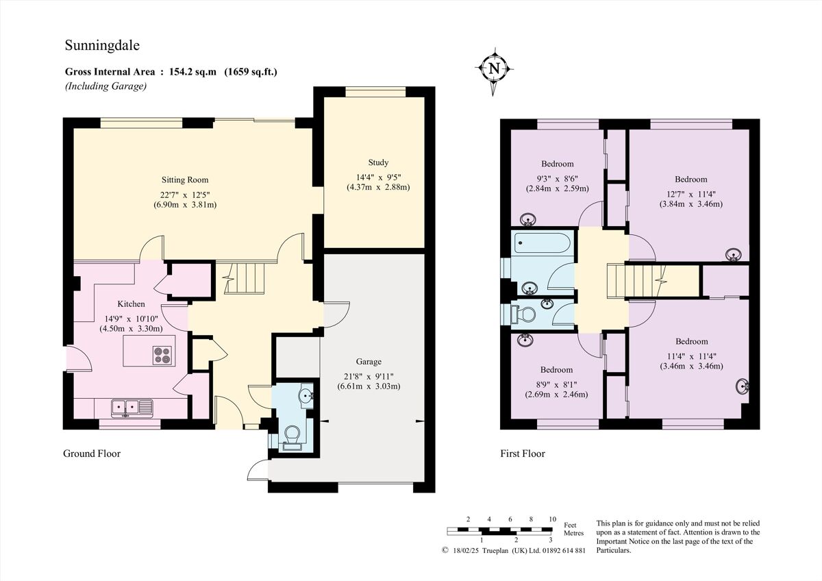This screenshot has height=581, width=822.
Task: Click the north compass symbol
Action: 494,68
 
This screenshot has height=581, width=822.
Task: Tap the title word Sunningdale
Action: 101,45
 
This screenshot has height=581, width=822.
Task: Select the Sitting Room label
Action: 184,180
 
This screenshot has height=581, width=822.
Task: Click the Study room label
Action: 377,162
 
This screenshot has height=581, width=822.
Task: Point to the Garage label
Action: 369,362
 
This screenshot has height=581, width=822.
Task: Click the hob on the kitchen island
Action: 162,354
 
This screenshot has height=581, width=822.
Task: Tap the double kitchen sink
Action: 132,408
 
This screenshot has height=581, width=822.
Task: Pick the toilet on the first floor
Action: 525,314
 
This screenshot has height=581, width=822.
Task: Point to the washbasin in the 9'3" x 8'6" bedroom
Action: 528,220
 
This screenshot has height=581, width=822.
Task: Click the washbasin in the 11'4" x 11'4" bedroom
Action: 741,386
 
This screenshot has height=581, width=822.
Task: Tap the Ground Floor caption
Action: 92,454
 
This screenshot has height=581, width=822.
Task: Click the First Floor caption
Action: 522,454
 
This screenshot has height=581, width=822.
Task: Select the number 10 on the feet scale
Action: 552,519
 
